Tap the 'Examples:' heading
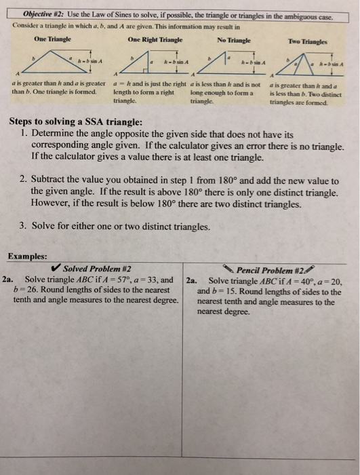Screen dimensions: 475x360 [28, 256]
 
